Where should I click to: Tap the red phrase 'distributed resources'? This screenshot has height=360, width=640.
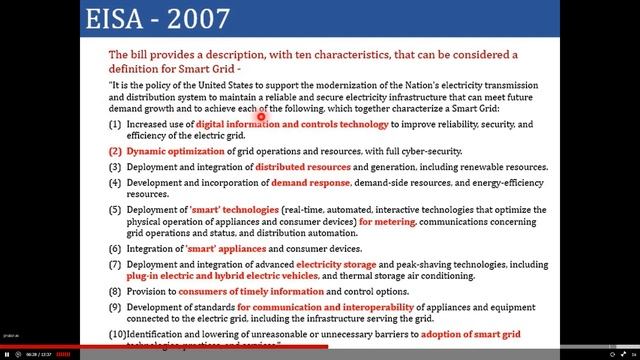pyautogui.click(x=303, y=167)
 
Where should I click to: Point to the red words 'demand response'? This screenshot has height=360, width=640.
pyautogui.click(x=310, y=184)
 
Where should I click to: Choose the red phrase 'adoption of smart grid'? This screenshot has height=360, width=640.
pyautogui.click(x=483, y=334)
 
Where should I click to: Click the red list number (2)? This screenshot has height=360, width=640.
pyautogui.click(x=115, y=150)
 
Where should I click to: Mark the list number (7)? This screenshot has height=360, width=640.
pyautogui.click(x=115, y=264)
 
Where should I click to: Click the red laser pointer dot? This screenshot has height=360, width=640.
pyautogui.click(x=261, y=116)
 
